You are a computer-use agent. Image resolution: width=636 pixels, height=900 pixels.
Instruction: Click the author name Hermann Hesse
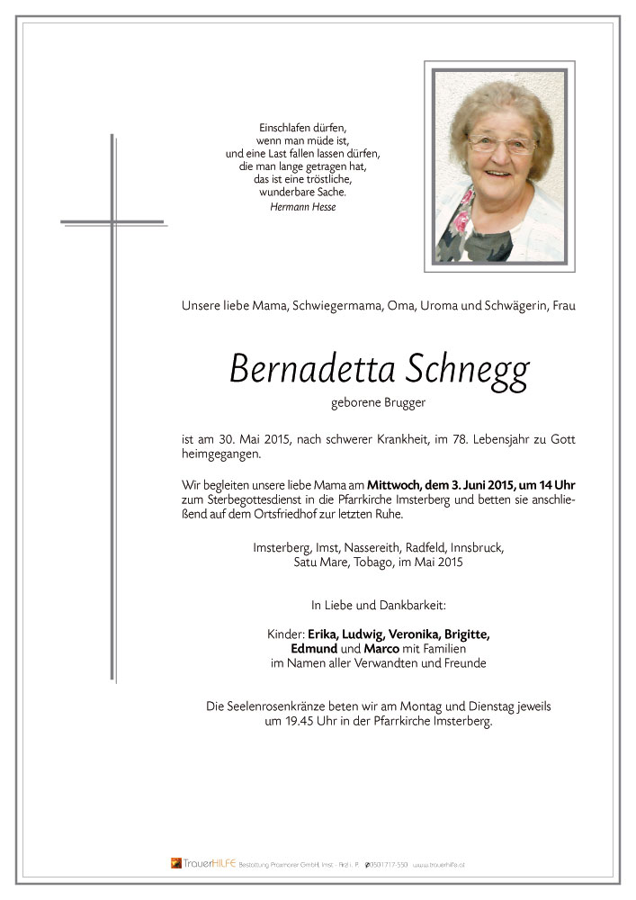coord(301,207)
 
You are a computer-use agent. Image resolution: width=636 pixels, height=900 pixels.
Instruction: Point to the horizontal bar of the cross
coord(112,220)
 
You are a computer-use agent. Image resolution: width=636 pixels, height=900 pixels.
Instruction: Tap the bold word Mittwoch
coord(394,484)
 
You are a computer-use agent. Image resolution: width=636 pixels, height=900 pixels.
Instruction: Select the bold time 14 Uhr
coord(554,484)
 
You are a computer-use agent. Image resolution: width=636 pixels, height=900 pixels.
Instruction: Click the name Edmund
coord(314,648)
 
